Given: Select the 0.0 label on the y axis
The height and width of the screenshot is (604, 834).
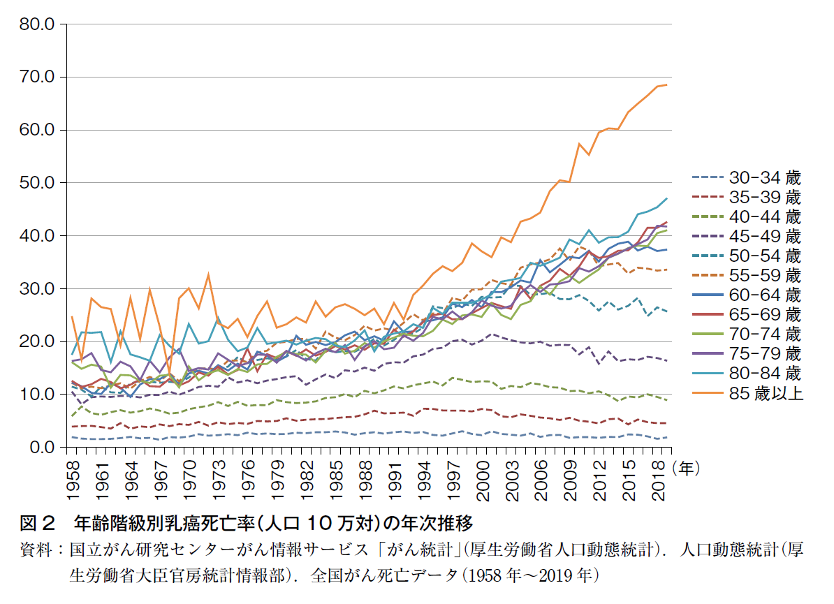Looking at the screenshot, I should click(41, 448).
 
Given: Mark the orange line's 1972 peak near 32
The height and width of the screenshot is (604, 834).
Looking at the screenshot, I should click(208, 274).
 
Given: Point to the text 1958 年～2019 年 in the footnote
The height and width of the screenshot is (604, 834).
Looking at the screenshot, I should click(531, 577).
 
